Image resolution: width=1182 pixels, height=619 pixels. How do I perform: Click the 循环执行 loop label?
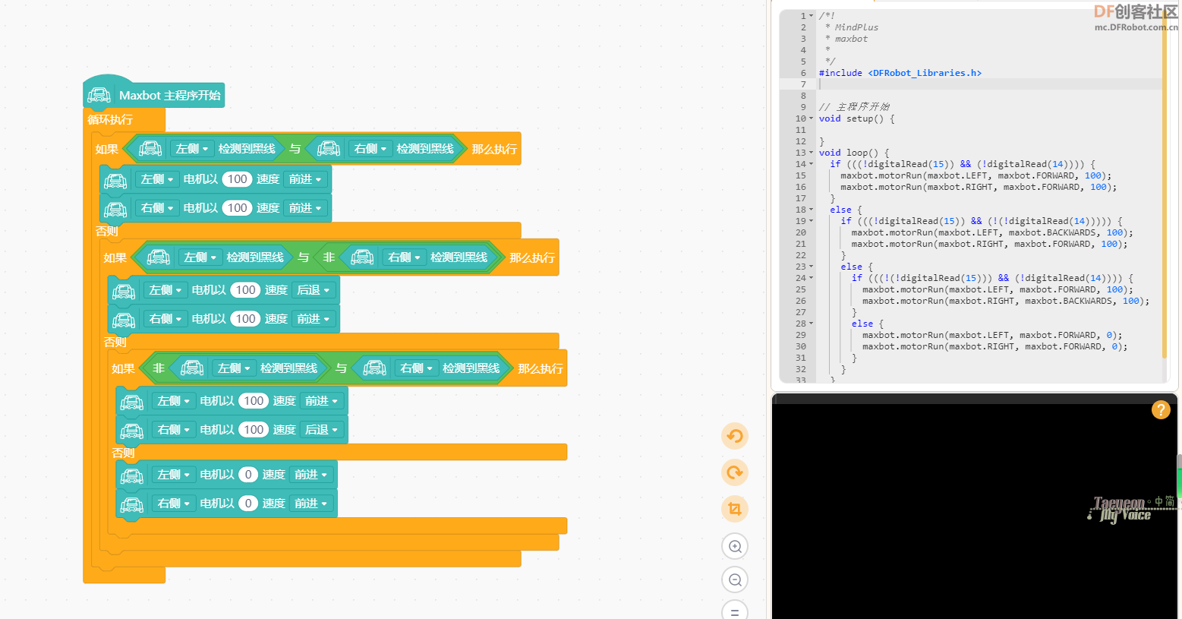[110, 120]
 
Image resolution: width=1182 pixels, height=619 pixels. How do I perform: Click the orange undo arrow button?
[735, 436]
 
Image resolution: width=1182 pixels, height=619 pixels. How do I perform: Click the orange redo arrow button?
[735, 472]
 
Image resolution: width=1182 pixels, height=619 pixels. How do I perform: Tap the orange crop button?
[735, 509]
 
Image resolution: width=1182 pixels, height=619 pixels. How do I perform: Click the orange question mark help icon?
[1161, 410]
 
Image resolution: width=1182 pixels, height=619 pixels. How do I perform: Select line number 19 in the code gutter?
[800, 221]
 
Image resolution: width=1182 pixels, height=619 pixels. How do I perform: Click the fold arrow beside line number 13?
[811, 153]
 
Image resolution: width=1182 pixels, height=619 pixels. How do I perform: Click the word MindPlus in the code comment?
[856, 27]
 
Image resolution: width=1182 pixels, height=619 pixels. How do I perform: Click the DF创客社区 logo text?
[1135, 11]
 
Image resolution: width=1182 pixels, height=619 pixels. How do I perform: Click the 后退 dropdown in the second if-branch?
[313, 290]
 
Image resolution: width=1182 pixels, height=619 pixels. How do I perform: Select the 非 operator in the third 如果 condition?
[159, 368]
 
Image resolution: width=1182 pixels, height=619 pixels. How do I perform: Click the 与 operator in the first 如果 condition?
[295, 150]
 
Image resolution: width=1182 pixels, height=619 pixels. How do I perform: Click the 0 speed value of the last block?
[248, 504]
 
